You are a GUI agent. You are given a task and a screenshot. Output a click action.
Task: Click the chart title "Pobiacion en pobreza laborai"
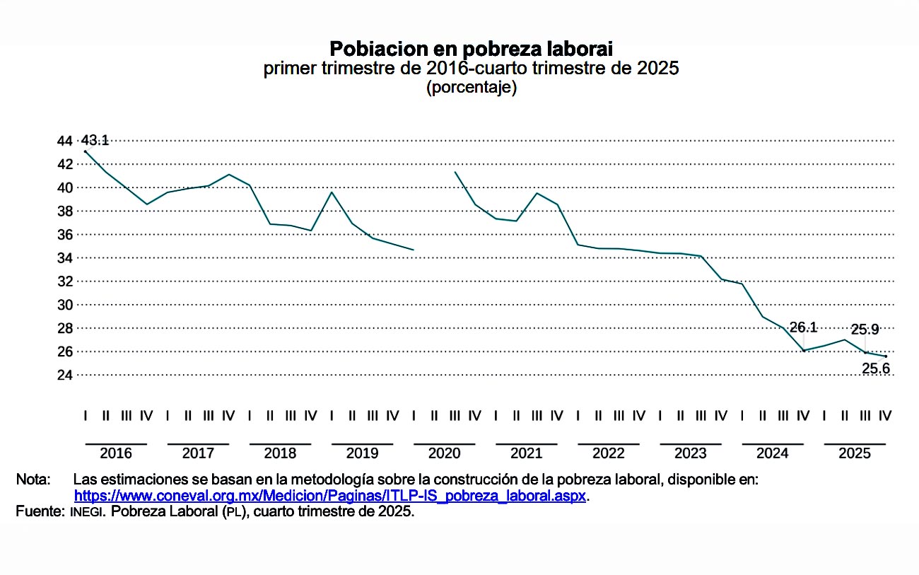coord(471,49)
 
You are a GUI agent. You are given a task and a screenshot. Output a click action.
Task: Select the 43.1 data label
coord(95,140)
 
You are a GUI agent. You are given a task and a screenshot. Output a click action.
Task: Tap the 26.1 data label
coord(803,327)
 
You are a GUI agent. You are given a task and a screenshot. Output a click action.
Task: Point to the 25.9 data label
coord(865,329)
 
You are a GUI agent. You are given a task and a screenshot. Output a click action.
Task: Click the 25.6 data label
coord(875,367)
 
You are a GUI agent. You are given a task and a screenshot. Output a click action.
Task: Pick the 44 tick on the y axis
coord(65,141)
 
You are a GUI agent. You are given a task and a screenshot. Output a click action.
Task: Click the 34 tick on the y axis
coord(65,258)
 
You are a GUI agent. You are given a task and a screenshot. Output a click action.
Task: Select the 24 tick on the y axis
coord(65,375)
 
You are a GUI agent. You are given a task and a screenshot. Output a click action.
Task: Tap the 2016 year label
coord(116,453)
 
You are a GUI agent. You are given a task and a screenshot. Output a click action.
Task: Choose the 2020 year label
coord(444,453)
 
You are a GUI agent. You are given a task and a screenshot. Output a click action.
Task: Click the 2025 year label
coord(854,453)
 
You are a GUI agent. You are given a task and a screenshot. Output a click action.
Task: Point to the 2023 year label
coord(690,453)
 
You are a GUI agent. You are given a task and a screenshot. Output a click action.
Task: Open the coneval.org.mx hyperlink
coord(330,496)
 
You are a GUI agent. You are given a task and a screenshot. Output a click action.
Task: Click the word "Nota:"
coord(33,480)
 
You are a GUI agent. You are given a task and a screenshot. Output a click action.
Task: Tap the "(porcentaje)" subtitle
coord(471,88)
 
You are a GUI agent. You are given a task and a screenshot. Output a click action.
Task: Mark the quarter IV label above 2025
coord(884,416)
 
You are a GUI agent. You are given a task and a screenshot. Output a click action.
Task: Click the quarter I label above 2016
coord(86,416)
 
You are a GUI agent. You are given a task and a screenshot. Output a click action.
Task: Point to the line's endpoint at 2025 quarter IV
coord(885,356)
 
